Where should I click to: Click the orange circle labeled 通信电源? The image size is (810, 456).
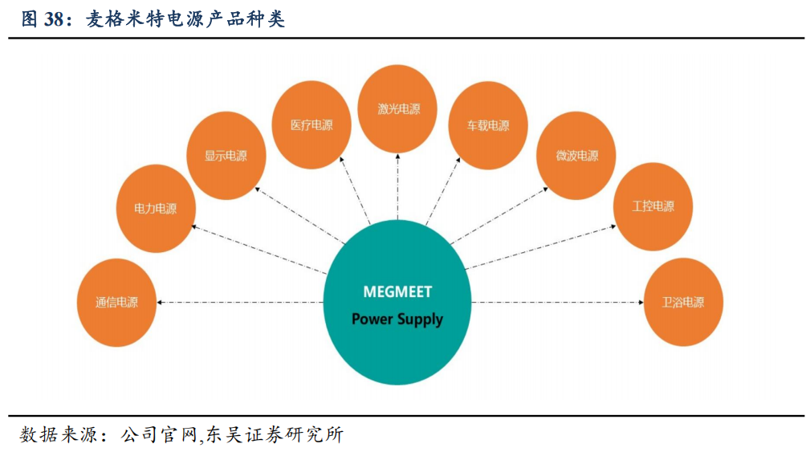point(116,303)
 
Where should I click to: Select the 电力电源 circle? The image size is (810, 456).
point(155,209)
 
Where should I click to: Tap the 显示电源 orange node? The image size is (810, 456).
point(226,156)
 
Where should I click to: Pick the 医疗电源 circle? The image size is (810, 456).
point(311,125)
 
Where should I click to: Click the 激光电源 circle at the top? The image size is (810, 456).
point(399,109)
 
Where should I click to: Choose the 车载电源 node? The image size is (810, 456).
point(488,125)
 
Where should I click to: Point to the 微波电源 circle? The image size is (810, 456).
point(576,156)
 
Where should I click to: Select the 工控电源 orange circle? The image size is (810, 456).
point(653,206)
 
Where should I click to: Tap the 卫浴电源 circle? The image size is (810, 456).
point(683,303)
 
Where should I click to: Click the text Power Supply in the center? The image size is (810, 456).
point(397,319)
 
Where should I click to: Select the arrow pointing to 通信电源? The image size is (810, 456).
point(241,303)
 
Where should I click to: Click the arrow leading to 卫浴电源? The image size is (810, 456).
point(558,303)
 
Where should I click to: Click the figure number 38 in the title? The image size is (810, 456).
point(53,19)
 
